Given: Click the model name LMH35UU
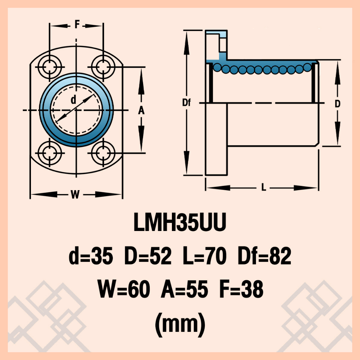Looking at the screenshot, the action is tap(180, 222).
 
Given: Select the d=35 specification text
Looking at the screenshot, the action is tap(91, 256).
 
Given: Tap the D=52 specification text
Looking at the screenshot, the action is tap(148, 256).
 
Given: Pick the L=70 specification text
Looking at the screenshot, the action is tap(205, 256).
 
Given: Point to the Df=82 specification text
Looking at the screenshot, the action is tap(264, 256).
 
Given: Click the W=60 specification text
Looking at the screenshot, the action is tap(124, 289).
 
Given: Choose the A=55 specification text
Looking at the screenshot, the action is tap(184, 289).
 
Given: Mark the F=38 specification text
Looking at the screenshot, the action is tap(241, 289).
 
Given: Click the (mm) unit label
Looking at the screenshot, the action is tap(180, 324).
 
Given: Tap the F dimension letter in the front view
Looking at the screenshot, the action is tap(77, 24).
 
